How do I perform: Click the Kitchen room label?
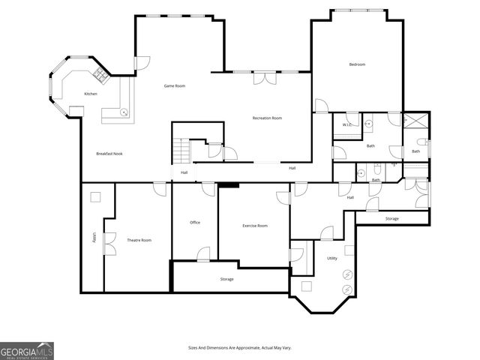(x=91, y=94)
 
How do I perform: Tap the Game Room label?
(x=175, y=86)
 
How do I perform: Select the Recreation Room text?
(x=266, y=118)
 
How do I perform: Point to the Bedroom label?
(x=357, y=64)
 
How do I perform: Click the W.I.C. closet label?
(x=348, y=124)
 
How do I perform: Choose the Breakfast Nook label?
(x=109, y=154)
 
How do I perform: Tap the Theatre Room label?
(x=139, y=240)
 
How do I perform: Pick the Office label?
(x=195, y=222)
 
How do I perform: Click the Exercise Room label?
(x=255, y=226)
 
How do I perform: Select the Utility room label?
(x=331, y=259)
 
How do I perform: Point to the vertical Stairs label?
(x=94, y=237)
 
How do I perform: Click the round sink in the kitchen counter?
(x=124, y=113)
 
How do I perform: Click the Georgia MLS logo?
(x=27, y=351)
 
